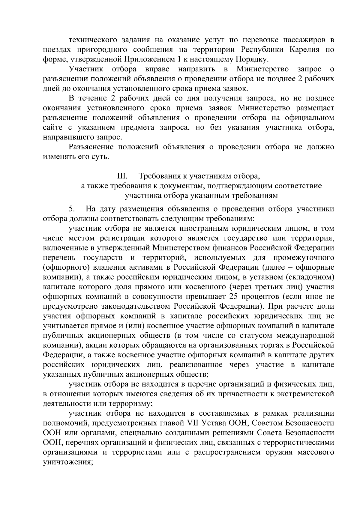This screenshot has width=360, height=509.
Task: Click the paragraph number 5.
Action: pos(71,209)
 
